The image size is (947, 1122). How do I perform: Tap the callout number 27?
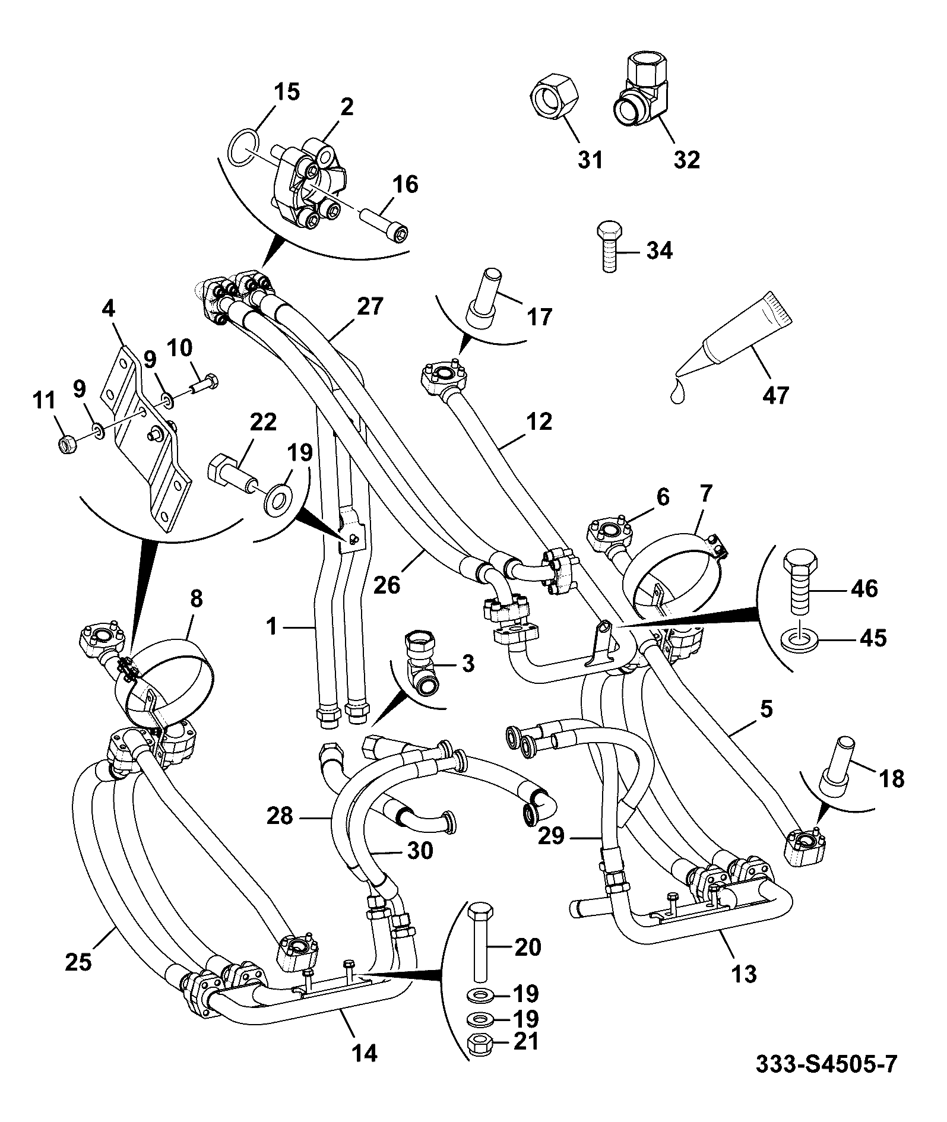click(x=370, y=307)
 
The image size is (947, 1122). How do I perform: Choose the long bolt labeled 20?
click(x=478, y=941)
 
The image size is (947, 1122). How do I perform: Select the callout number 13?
click(x=743, y=974)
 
